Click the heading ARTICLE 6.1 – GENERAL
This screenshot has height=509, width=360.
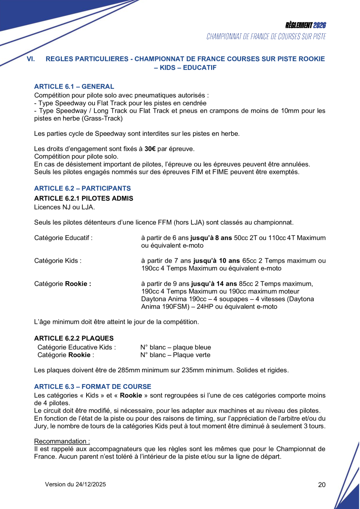click(x=74, y=87)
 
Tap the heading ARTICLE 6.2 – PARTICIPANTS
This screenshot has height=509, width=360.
click(x=82, y=188)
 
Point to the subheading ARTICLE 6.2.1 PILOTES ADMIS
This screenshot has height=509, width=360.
click(x=83, y=199)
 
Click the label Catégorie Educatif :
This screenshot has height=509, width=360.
click(x=63, y=238)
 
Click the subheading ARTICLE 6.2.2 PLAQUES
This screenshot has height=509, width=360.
click(x=74, y=338)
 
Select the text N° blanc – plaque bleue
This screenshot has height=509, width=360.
click(x=175, y=347)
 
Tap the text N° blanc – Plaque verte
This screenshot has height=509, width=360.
click(x=175, y=355)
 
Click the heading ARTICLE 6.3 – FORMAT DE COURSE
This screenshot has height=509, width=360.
click(x=92, y=386)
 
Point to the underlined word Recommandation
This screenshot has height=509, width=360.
click(x=61, y=441)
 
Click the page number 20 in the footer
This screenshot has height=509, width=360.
click(x=322, y=485)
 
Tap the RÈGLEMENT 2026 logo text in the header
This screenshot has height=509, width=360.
click(x=306, y=25)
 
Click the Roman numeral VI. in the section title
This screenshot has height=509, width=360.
click(x=31, y=59)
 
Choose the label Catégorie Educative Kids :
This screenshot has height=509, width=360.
click(x=76, y=347)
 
